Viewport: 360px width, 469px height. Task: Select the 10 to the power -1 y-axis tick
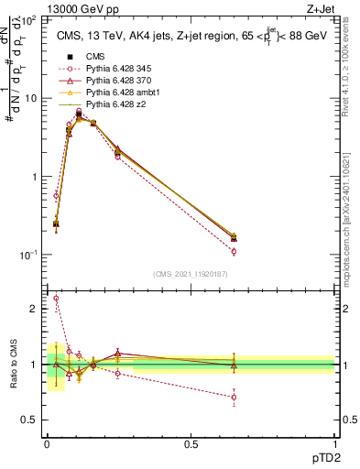pyautogui.click(x=28, y=255)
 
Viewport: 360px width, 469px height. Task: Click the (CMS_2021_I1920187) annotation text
pyautogui.click(x=190, y=274)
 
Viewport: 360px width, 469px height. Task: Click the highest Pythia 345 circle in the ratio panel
pyautogui.click(x=57, y=298)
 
